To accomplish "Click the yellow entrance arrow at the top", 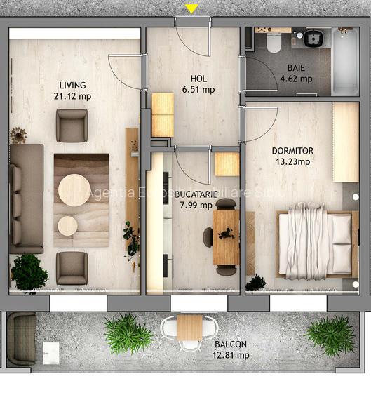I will (191, 8).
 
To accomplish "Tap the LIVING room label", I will (73, 86).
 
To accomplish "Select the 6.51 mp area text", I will (198, 89).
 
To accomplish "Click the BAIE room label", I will (296, 68).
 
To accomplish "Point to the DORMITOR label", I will (292, 151).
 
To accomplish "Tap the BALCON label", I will (231, 344).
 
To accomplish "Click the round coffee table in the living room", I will (74, 190).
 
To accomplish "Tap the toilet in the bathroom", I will (274, 43).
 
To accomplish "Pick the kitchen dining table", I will (226, 236).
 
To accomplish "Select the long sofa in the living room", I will (26, 198).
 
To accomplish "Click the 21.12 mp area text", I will (73, 97).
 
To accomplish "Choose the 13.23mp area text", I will (292, 162).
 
